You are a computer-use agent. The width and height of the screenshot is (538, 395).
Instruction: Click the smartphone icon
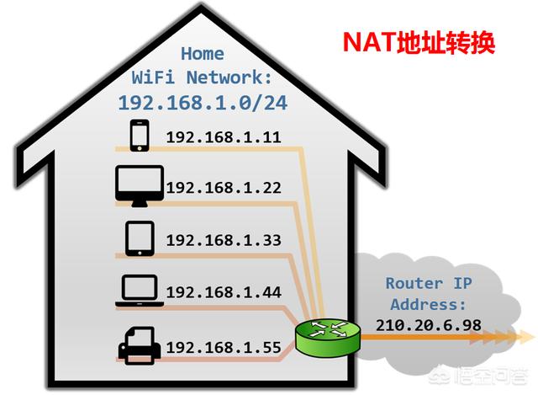coord(139,136)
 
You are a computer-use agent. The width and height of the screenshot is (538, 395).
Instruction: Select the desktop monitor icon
coord(140,186)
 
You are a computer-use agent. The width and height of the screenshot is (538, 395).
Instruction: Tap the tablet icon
coord(140,238)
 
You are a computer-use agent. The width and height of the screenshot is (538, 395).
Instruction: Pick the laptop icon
coord(139,291)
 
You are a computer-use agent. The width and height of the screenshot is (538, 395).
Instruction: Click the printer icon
coord(139,345)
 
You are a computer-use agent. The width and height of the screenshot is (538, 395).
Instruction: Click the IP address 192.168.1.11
coord(223,137)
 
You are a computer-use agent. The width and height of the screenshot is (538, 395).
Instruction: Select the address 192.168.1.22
coord(223,188)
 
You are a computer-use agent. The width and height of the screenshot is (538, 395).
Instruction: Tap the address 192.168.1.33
coord(223,240)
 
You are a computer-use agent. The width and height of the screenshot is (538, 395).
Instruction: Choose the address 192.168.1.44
coord(223,292)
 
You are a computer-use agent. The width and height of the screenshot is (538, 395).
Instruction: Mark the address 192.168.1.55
coord(223,346)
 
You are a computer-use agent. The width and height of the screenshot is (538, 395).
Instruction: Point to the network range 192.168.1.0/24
coord(202,102)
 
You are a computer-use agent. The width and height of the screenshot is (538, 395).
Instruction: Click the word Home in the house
coord(203,53)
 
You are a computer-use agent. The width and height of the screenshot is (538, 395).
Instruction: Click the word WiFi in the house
coord(152,77)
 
